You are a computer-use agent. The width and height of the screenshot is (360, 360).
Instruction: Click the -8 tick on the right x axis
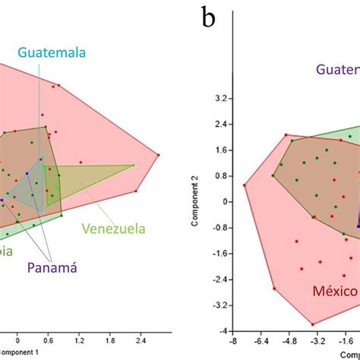(235, 342)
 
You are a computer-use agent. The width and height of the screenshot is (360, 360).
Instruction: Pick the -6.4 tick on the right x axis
(262, 342)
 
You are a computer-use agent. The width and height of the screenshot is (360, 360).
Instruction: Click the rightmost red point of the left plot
(159, 155)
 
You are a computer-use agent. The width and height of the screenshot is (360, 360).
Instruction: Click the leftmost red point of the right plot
(244, 185)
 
